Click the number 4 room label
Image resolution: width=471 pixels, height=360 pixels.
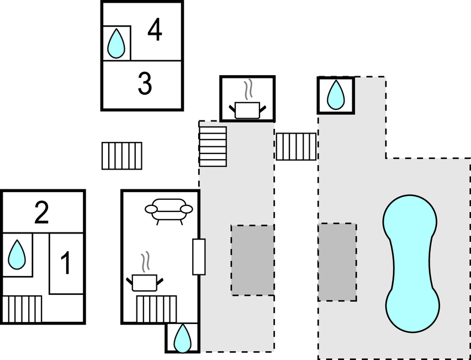coord(155,30)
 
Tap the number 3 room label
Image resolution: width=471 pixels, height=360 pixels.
coord(145,84)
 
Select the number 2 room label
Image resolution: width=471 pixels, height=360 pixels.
coord(41,213)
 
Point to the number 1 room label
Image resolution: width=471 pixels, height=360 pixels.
coord(66,263)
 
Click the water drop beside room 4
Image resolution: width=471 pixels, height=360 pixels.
coord(116,43)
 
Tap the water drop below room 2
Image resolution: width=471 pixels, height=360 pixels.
coord(17,255)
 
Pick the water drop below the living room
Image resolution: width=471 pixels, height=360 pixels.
coord(182,338)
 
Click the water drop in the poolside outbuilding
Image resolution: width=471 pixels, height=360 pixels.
coord(336,94)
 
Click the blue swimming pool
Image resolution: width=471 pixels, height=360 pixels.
coord(411,263)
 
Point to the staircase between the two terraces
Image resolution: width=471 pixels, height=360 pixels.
coord(296,146)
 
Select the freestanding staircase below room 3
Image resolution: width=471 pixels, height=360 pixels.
coord(121,156)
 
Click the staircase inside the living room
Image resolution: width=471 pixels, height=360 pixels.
coord(156,309)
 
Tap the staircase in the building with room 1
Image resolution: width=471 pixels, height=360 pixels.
coord(22,309)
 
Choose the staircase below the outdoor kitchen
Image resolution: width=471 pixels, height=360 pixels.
coord(213,146)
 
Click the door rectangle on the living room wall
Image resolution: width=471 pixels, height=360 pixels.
coord(199,257)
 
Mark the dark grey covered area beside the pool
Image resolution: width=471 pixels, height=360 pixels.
coord(337,262)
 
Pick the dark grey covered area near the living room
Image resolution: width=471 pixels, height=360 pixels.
coord(253,260)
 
